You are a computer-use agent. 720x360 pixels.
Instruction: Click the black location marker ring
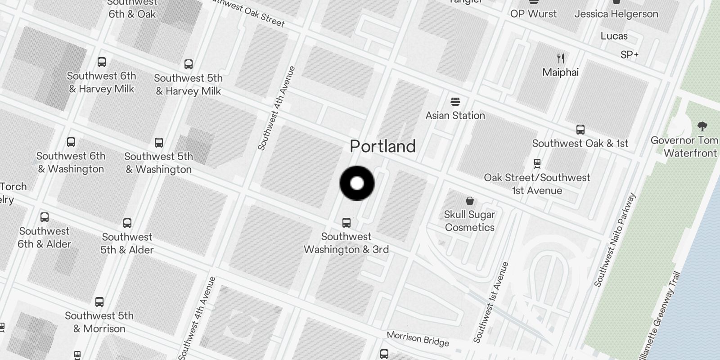tap(357, 183)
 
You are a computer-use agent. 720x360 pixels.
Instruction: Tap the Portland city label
tap(382, 146)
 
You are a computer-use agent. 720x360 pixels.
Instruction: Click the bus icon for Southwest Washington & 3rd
tap(346, 222)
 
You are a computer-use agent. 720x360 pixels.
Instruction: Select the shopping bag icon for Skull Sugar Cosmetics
tap(470, 201)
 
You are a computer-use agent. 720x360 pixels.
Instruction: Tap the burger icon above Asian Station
tap(455, 102)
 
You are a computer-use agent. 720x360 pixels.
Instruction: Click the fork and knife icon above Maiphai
tap(561, 58)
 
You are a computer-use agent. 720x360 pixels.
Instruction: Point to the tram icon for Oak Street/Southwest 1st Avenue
tap(537, 163)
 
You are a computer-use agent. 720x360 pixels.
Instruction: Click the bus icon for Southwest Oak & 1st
tap(580, 130)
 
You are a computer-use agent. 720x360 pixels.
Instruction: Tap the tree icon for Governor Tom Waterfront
tap(702, 126)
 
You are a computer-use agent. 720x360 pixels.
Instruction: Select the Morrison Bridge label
tap(418, 339)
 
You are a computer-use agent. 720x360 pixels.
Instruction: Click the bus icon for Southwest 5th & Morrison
tap(99, 301)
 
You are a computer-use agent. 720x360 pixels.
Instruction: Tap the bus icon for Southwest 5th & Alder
tap(127, 223)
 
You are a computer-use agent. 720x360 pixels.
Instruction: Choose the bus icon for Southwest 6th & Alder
tap(45, 217)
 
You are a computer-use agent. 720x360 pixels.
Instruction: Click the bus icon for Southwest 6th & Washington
tap(71, 142)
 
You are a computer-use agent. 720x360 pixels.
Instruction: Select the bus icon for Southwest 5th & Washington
tap(159, 143)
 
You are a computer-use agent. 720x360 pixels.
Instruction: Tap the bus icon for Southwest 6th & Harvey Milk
tap(102, 62)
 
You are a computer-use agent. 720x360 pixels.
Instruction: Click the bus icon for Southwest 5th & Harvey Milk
tap(189, 64)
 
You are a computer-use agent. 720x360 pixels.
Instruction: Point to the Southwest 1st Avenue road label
tap(491, 302)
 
